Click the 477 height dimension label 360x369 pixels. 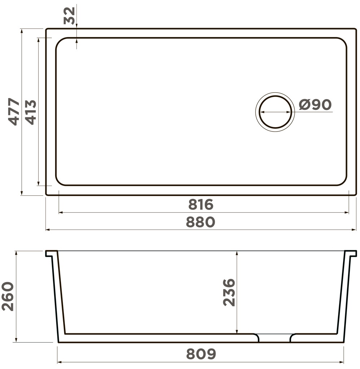(x=14, y=111)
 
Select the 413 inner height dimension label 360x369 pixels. (x=31, y=112)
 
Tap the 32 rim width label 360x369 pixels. (x=69, y=16)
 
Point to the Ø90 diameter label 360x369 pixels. (x=315, y=105)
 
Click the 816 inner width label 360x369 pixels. (x=201, y=205)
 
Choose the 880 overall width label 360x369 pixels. (x=201, y=222)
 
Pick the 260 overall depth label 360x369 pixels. (x=8, y=296)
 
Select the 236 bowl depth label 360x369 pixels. (x=229, y=292)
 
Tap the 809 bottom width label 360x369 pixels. (x=201, y=354)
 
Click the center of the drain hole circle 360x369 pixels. (x=275, y=112)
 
